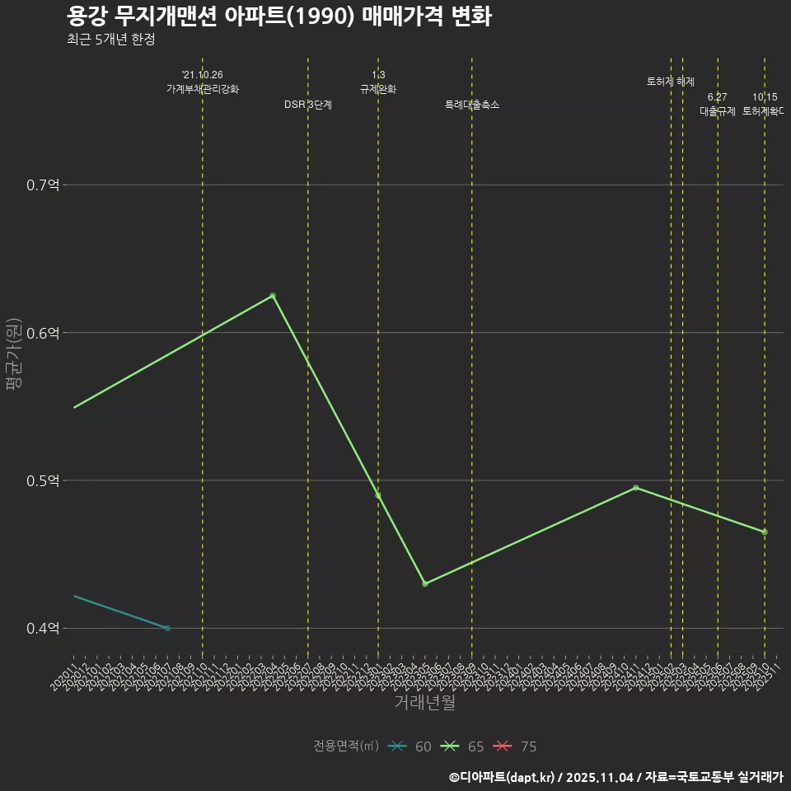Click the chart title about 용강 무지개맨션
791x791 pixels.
point(278,16)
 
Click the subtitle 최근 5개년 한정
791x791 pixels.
point(110,40)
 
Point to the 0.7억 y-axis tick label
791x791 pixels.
point(44,185)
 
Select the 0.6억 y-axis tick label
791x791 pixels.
point(44,333)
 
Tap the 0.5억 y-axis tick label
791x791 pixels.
point(44,480)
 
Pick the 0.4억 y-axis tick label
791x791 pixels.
point(44,629)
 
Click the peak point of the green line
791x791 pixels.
point(273,296)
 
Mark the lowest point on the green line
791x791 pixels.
point(425,583)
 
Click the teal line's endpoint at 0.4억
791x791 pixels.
point(167,628)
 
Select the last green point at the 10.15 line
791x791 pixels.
point(765,532)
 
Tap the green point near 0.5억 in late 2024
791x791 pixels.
point(635,488)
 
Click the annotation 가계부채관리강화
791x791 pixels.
point(203,89)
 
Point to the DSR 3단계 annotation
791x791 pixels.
point(308,105)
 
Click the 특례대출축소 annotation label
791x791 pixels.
point(472,105)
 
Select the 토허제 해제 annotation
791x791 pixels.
point(671,82)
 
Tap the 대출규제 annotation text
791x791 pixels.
point(718,111)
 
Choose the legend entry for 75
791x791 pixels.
point(516,747)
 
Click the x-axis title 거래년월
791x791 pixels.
point(425,703)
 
